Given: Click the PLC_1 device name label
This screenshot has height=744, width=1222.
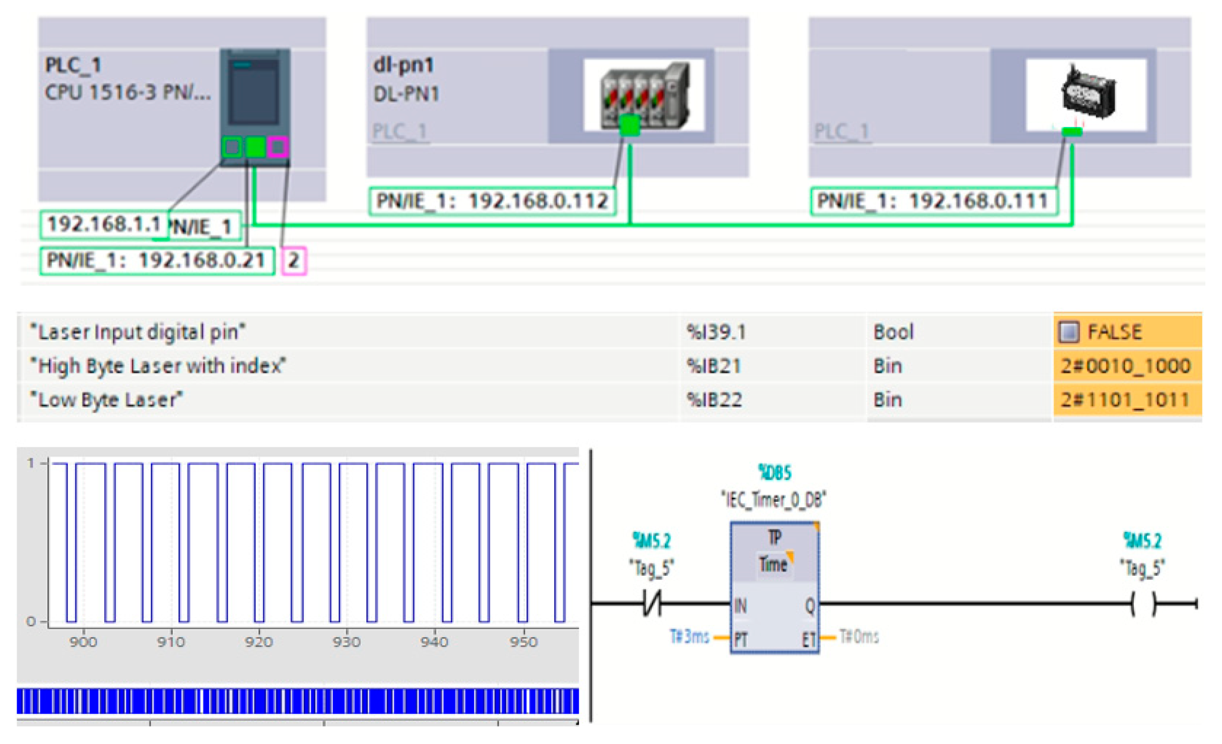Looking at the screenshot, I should [73, 65].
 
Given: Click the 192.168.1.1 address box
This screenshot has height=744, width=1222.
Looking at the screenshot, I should [104, 224].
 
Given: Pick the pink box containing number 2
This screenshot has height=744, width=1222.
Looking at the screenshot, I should [293, 260].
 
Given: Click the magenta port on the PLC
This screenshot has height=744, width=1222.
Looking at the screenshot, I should [278, 147].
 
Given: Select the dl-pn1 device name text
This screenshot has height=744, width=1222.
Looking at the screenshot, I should [403, 65].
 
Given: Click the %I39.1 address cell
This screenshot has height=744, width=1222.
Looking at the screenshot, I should [716, 332].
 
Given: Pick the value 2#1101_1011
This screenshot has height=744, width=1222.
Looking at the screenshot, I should [1124, 399].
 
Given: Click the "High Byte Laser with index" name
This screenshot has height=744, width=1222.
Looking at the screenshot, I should [158, 366].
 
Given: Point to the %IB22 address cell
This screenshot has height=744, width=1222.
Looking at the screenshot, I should [714, 399].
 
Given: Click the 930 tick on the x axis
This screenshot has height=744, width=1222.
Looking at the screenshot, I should [347, 642].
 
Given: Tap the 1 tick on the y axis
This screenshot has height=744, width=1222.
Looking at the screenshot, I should [31, 463].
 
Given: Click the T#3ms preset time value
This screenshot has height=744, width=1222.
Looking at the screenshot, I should [689, 637].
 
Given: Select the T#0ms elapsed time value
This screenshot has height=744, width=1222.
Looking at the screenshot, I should [859, 637].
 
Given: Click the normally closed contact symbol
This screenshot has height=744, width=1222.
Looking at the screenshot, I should [652, 603].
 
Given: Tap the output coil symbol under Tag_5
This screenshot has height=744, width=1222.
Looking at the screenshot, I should [1143, 603].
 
